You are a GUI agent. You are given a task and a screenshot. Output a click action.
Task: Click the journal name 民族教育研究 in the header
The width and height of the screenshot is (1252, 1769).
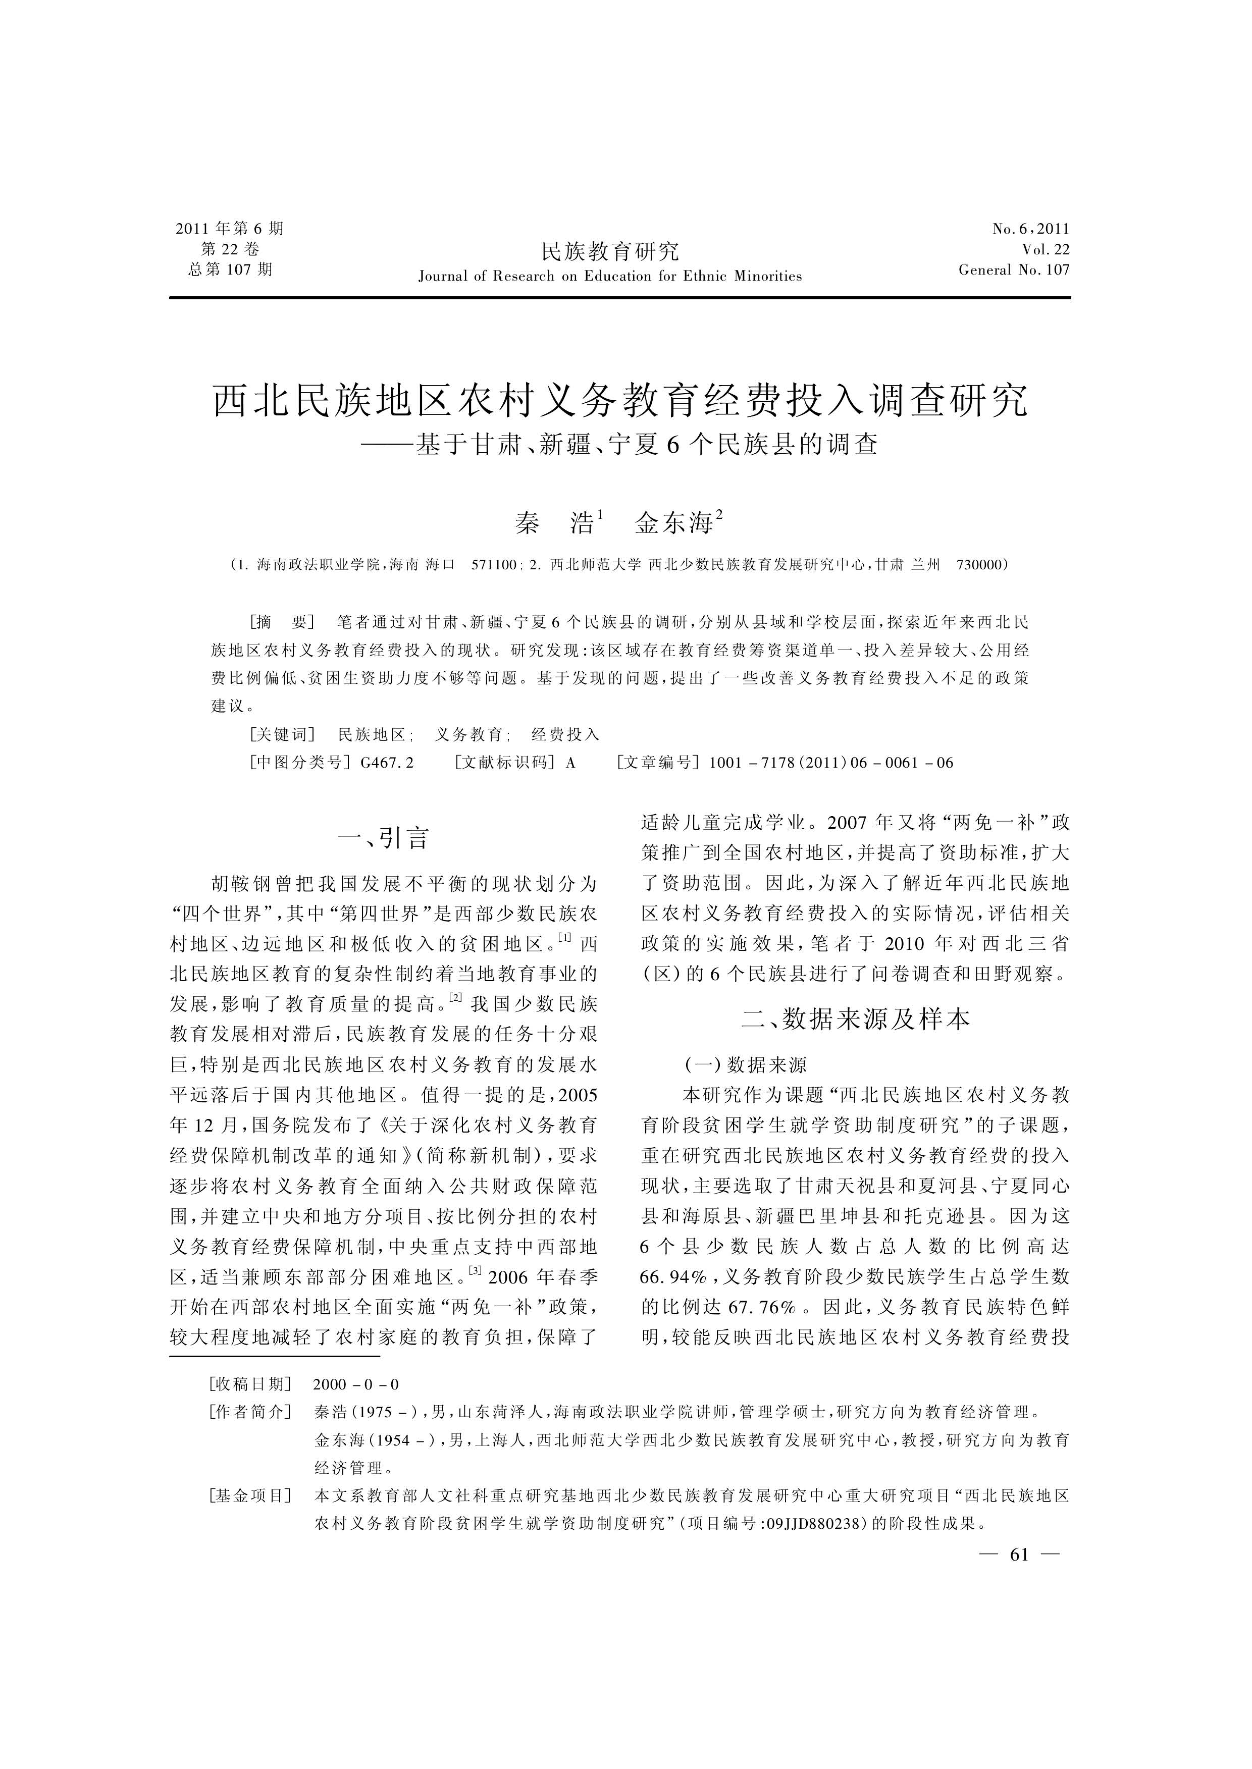tap(610, 251)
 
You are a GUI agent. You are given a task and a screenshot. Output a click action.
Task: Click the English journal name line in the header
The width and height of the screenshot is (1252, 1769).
tap(610, 277)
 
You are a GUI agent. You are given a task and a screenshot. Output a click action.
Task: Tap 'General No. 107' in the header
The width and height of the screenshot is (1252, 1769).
tap(1014, 270)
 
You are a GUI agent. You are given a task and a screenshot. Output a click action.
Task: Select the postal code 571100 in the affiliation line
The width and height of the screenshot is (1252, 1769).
tap(493, 565)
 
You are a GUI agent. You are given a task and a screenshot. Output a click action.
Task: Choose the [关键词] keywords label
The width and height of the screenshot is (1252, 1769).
tap(282, 734)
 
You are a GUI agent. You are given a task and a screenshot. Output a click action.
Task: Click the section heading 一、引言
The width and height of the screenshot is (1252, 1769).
tap(383, 838)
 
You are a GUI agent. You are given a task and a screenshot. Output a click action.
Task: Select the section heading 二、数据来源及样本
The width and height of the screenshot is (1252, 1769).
tap(855, 1019)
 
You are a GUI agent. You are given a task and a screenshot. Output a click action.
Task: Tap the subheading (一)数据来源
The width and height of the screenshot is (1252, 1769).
tap(746, 1065)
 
